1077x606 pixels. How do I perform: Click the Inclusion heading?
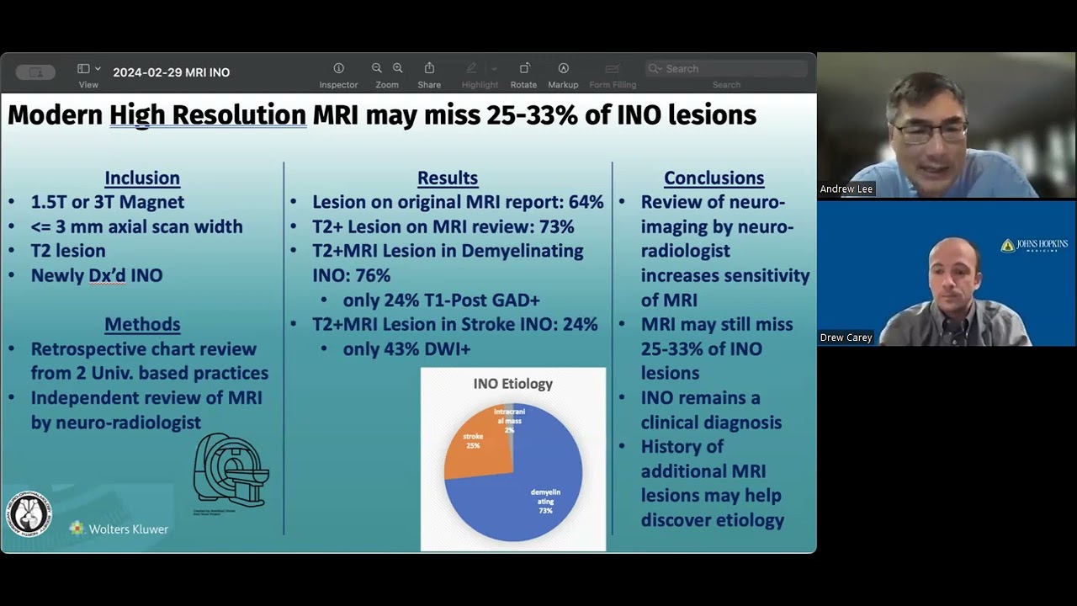(x=141, y=178)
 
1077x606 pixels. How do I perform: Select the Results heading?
(x=448, y=178)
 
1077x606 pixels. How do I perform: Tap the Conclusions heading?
(x=714, y=178)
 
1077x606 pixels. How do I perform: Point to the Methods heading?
(x=142, y=324)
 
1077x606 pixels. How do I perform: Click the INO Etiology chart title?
(x=512, y=384)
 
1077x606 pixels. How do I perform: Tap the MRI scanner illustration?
(x=230, y=470)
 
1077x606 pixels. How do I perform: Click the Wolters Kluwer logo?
(x=119, y=529)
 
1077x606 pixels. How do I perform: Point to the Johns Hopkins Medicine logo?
(x=1034, y=245)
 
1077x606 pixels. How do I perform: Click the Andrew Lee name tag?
(x=846, y=189)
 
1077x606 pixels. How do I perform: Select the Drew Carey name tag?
(x=846, y=338)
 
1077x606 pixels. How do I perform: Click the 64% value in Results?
(x=586, y=202)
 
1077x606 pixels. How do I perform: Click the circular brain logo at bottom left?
(x=30, y=513)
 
